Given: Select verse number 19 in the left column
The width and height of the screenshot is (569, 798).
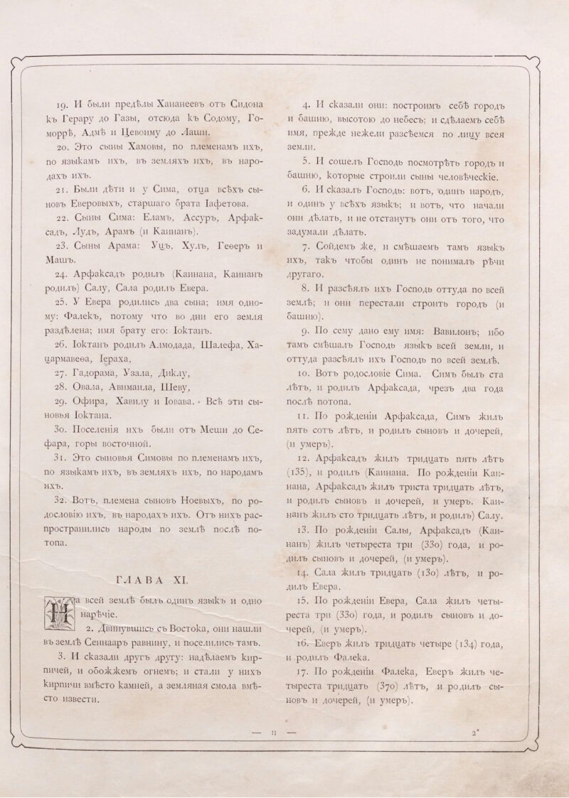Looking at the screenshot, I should [62, 101].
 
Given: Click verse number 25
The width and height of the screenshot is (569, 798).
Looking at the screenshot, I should [62, 301].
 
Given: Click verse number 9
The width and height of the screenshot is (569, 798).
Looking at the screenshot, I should [305, 330].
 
